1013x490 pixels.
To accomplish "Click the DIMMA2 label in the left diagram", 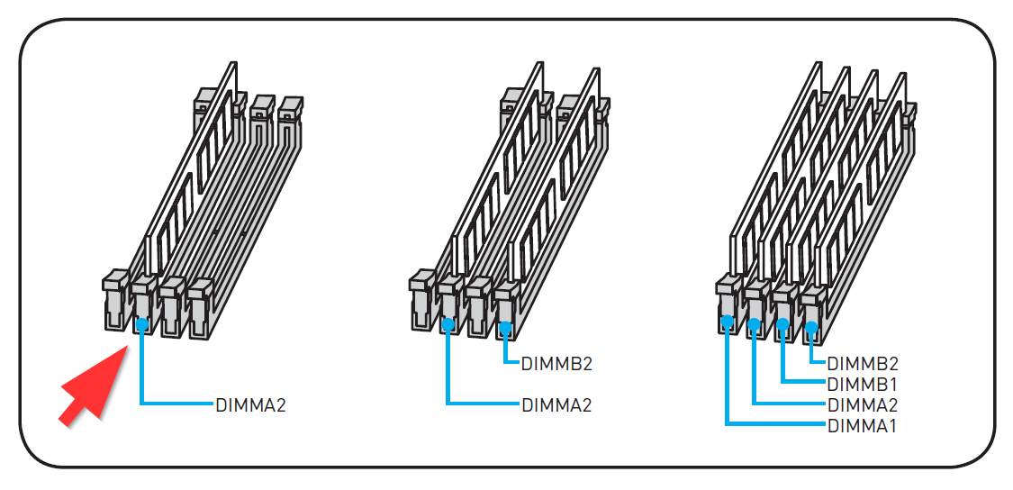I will (x=250, y=405).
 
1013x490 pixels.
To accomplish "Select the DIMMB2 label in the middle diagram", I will (x=556, y=364).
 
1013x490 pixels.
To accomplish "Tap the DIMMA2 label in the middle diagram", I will (x=556, y=405).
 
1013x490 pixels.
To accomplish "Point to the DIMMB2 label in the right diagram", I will (x=863, y=364).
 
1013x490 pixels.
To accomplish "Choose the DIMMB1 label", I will (x=863, y=385).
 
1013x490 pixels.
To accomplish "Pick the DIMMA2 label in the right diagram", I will (x=863, y=405).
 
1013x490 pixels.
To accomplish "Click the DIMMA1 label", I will (x=863, y=426).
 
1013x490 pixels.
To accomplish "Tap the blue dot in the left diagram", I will (x=142, y=322).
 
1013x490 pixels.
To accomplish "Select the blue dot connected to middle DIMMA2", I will (x=448, y=322).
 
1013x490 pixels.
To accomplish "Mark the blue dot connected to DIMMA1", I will (x=727, y=320).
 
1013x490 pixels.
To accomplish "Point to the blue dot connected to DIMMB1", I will (x=782, y=324).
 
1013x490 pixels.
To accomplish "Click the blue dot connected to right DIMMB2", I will (x=811, y=327).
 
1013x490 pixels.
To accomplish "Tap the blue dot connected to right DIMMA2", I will (x=755, y=322).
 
